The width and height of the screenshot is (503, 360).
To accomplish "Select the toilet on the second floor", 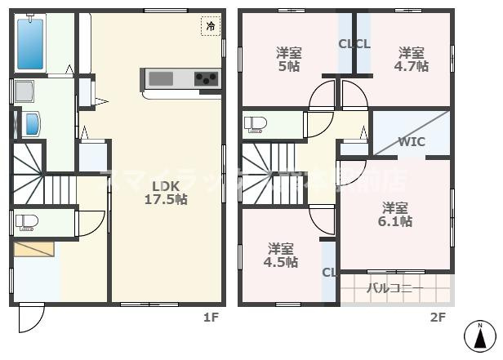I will (256, 124).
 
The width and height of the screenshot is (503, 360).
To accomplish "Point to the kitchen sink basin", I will (160, 78).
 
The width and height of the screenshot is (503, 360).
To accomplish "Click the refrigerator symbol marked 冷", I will (211, 25).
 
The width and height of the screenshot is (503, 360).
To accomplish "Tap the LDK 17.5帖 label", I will (166, 192).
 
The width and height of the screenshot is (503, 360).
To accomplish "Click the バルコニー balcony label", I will (394, 288).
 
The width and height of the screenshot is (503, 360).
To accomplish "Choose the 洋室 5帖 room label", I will (287, 60).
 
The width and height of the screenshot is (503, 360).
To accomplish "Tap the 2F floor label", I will (438, 318).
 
